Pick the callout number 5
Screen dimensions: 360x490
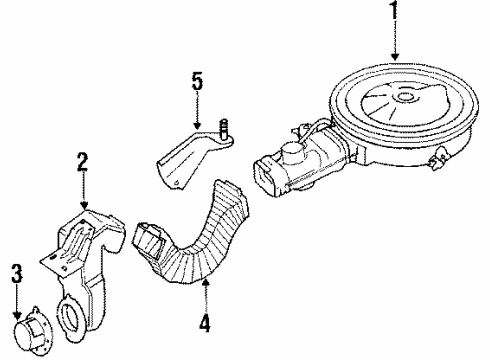(198, 78)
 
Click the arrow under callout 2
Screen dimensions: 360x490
(85, 194)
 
